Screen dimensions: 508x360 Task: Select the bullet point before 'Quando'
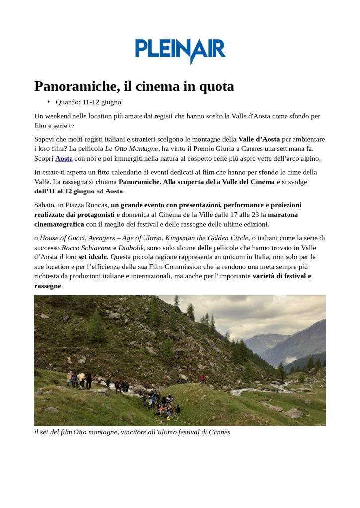click(x=49, y=102)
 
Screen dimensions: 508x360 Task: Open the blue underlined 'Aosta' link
click(x=64, y=158)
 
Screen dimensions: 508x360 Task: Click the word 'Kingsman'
click(x=180, y=238)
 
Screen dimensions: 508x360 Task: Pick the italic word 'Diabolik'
click(x=131, y=247)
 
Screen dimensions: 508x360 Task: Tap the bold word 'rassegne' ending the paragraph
click(x=48, y=286)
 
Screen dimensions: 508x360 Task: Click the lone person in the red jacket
click(x=202, y=379)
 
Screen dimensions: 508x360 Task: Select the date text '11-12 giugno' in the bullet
click(x=101, y=102)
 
